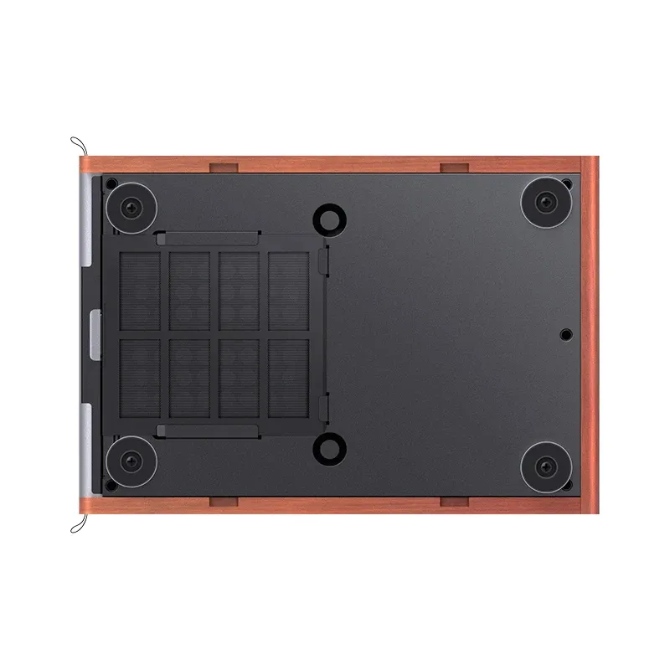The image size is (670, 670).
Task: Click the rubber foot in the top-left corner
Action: (x=132, y=206)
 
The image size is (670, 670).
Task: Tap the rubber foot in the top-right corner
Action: (x=545, y=202)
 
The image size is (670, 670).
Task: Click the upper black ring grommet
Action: (x=327, y=219)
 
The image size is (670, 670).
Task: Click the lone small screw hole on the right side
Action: (x=565, y=334)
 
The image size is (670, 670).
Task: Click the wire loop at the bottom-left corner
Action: (x=78, y=524)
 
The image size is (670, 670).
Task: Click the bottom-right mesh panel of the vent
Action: (x=289, y=378)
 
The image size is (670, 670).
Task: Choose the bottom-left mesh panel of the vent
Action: (x=140, y=378)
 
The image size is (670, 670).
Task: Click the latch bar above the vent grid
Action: (x=207, y=238)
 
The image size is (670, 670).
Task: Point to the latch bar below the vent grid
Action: (x=207, y=430)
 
